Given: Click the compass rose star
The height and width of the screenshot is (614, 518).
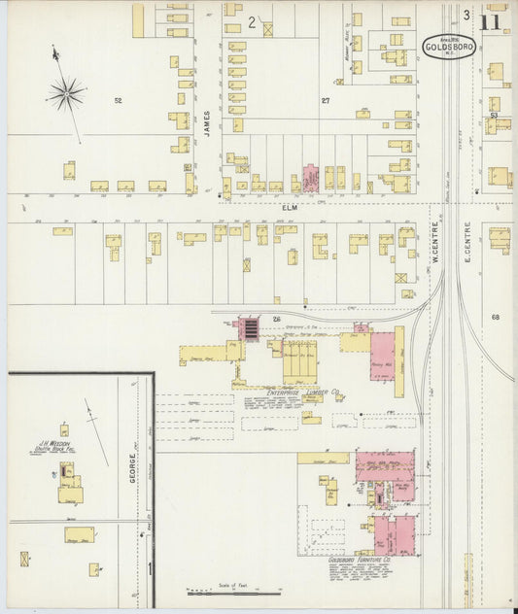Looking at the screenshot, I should coord(66,94).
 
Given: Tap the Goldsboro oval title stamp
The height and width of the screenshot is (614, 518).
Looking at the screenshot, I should coord(448,45).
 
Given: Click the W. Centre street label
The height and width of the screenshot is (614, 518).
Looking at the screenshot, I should coord(435,246).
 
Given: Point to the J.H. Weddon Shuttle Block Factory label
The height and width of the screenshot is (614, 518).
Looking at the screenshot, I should coord(65,446).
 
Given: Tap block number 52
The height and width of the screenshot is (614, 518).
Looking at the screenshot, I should coord(119,101).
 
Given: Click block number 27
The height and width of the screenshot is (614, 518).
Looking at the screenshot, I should coord(327,100).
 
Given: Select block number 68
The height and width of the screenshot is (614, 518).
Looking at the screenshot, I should coord(495,318).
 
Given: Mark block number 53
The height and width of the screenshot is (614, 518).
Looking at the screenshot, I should coord(494,116).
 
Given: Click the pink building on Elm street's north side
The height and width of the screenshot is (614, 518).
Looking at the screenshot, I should coord(311,179).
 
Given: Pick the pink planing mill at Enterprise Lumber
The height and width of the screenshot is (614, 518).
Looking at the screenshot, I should coord(382,357).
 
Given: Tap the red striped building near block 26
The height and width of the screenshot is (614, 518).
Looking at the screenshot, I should coord(250,329).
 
